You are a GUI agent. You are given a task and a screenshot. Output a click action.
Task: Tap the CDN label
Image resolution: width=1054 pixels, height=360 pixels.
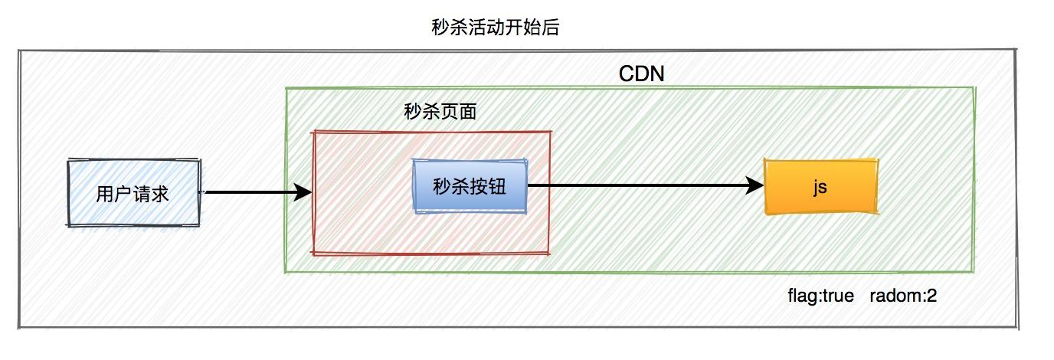click(x=641, y=74)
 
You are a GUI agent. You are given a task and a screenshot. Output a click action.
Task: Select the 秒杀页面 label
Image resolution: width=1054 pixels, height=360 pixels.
click(x=440, y=113)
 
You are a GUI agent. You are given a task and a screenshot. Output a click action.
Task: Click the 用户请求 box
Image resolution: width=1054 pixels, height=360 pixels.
click(x=133, y=193)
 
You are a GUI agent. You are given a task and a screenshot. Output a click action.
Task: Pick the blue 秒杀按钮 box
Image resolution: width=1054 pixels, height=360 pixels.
click(x=470, y=186)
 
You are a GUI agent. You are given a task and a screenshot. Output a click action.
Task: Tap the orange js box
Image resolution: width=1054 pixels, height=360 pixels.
click(x=820, y=186)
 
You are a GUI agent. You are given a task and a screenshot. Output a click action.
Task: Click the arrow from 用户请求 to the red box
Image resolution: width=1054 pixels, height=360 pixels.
click(x=253, y=192)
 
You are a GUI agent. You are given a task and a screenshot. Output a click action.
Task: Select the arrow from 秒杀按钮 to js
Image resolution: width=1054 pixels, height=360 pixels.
click(x=643, y=185)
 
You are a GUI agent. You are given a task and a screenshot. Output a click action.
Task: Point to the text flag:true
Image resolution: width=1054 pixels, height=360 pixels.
click(x=820, y=296)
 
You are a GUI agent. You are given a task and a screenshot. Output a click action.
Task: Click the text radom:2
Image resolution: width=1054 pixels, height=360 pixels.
click(x=903, y=296)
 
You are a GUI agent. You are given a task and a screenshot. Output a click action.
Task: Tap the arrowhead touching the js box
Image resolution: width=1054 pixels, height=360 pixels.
click(x=754, y=185)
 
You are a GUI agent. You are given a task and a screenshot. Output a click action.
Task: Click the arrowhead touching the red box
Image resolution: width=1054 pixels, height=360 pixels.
click(x=303, y=192)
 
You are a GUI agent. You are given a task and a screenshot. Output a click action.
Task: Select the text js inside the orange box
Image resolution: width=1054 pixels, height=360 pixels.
click(x=820, y=186)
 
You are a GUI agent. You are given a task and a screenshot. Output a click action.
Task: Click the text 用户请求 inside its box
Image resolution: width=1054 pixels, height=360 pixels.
click(x=133, y=194)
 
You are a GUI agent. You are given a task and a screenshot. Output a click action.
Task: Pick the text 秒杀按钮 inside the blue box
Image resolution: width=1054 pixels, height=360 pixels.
click(x=470, y=186)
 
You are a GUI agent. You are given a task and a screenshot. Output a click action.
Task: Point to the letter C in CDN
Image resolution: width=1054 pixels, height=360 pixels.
click(x=625, y=74)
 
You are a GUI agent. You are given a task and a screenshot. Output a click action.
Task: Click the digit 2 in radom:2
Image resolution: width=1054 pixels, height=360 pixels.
click(x=931, y=296)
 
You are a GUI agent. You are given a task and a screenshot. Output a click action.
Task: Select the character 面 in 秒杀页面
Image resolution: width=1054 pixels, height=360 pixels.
click(x=468, y=113)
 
